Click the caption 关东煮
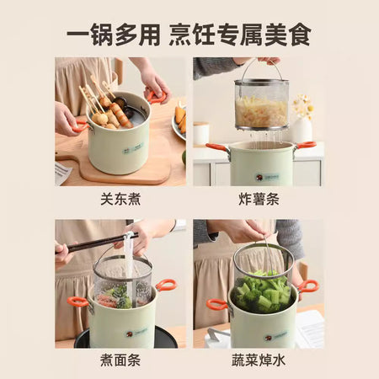point(120,199)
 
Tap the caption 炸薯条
point(259,199)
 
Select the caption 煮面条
point(120,360)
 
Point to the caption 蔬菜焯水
point(259,360)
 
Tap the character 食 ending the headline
point(301,35)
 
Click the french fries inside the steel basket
point(261,112)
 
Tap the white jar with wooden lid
point(201,133)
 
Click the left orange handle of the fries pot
point(216,147)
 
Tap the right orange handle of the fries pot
point(306,145)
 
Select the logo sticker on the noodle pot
point(136,333)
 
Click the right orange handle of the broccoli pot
point(308,286)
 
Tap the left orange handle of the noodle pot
point(77,302)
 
